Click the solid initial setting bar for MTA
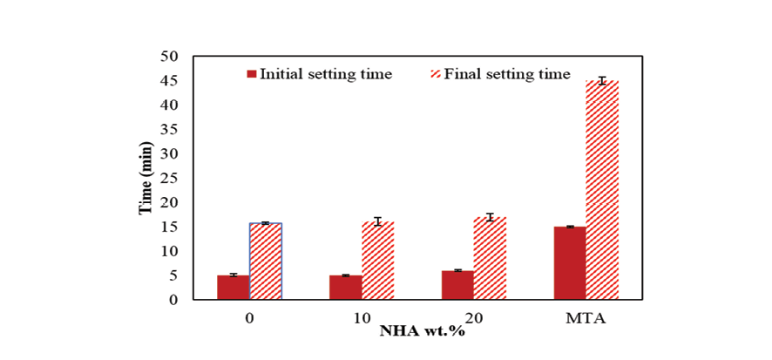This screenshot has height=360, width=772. [x=569, y=263]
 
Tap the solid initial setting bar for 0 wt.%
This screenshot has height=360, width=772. [x=233, y=288]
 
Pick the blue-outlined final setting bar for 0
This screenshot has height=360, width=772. [x=266, y=262]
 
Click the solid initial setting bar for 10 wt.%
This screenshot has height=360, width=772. [x=345, y=288]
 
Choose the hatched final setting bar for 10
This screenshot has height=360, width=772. [x=378, y=261]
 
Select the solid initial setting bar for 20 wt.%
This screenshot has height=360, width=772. [x=457, y=285]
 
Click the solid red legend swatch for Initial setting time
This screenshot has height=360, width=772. [x=253, y=74]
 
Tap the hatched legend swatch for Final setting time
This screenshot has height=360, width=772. [x=437, y=74]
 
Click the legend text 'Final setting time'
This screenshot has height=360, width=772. [x=507, y=74]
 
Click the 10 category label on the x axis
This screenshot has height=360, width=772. [x=362, y=317]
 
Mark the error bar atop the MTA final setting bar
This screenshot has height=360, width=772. [x=602, y=80]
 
